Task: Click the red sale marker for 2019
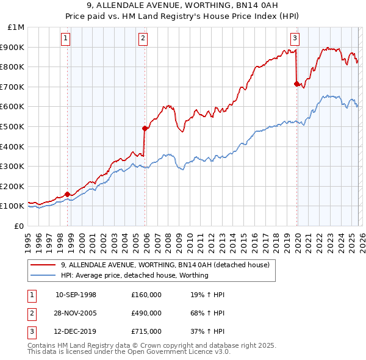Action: click(x=296, y=84)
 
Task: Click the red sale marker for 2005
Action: click(x=145, y=128)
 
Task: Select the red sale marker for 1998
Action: click(x=67, y=194)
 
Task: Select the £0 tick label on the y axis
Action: click(x=19, y=226)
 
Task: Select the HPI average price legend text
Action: click(x=135, y=275)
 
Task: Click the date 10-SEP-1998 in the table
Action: click(x=76, y=295)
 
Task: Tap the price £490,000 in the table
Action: click(x=146, y=313)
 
